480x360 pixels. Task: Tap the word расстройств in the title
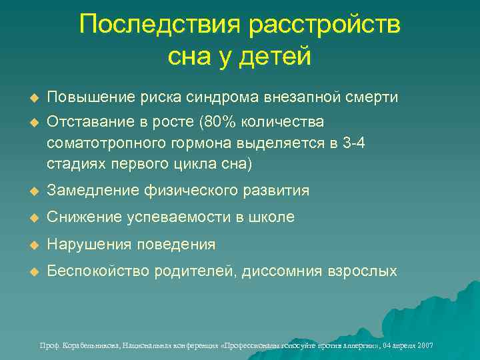pos(325,26)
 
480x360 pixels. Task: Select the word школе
pos(271,217)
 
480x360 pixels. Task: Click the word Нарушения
pos(89,245)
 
